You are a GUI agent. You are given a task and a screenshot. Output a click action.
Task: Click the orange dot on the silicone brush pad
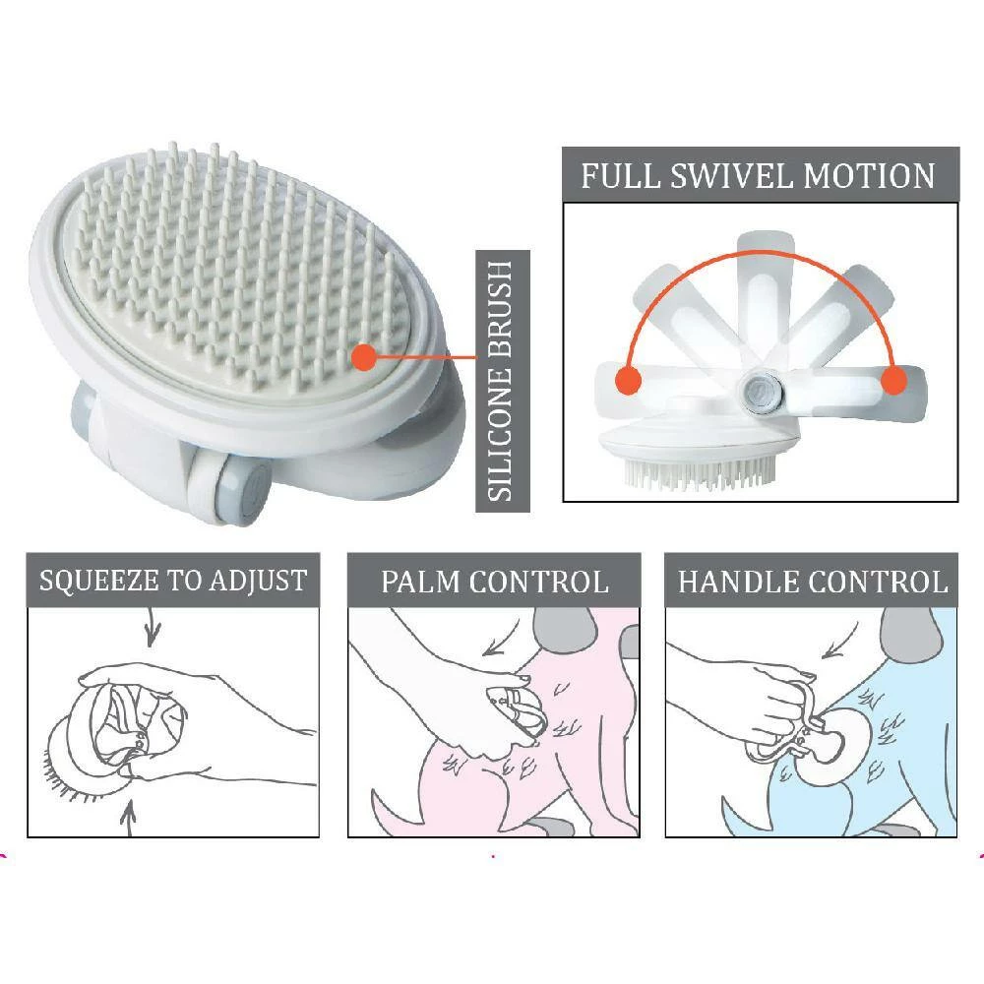click(x=364, y=358)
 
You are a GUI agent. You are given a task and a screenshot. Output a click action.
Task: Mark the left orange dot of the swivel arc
click(x=628, y=380)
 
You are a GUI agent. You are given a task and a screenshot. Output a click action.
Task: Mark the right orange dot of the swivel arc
click(x=893, y=380)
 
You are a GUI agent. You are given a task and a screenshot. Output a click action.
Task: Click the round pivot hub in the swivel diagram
click(x=761, y=392)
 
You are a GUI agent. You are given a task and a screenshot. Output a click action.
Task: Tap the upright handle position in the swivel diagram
click(x=765, y=301)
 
